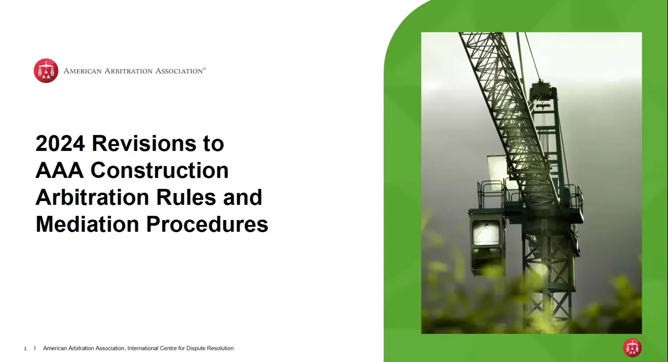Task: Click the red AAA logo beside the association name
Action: [46, 71]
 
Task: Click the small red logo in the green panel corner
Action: [632, 348]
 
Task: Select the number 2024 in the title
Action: [60, 143]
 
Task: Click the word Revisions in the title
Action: [144, 143]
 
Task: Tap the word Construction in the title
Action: [160, 170]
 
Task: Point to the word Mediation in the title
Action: [87, 224]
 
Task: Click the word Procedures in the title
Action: [207, 224]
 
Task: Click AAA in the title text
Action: [59, 170]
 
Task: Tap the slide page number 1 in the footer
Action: [25, 348]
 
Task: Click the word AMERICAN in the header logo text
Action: [82, 71]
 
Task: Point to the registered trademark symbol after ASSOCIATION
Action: [204, 69]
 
